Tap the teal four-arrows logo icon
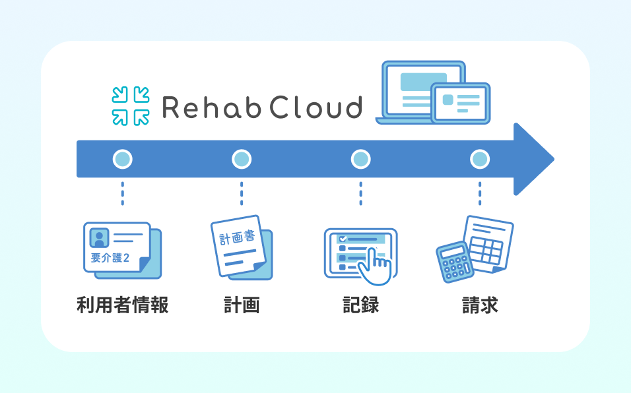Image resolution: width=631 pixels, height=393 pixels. tap(131, 106)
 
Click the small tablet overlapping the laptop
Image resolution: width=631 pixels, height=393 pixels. tap(460, 104)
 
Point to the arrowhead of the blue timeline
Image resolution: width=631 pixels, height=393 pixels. tap(534, 159)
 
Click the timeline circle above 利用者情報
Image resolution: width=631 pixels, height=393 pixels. tap(122, 159)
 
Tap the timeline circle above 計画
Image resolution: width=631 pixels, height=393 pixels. tap(242, 159)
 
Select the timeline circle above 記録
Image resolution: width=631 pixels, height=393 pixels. tap(360, 159)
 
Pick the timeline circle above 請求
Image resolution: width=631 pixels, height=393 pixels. tap(480, 159)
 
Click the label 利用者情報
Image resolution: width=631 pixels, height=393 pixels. tap(122, 305)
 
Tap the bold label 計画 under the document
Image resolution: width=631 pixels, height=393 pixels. tap(242, 305)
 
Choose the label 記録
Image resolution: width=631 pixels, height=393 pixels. tap(360, 305)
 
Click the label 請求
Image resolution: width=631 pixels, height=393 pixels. tap(480, 305)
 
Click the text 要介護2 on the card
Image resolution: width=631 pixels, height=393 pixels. tap(110, 258)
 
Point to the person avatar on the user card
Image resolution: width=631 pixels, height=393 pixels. tap(100, 238)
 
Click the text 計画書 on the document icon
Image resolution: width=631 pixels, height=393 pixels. tap(237, 237)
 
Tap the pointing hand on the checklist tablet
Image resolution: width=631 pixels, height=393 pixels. tap(375, 267)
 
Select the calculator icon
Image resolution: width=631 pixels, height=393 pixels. tap(454, 262)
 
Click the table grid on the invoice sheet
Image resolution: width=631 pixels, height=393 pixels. tap(486, 249)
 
